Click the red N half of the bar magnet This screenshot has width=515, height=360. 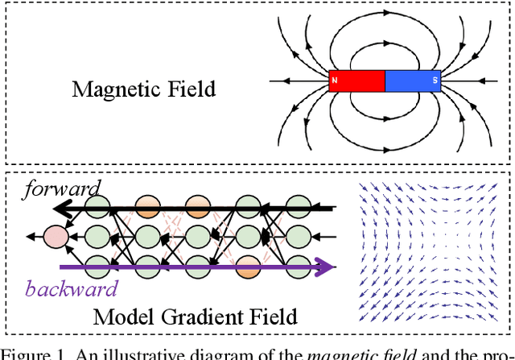click(357, 81)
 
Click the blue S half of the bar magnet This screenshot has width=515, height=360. click(413, 81)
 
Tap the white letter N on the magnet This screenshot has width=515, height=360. click(334, 81)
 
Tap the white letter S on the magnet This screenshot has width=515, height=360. click(435, 81)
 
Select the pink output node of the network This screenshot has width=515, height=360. click(56, 236)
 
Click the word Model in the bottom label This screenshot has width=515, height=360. click(121, 317)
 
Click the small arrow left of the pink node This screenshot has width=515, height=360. click(30, 236)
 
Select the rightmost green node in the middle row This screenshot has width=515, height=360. click(298, 236)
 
